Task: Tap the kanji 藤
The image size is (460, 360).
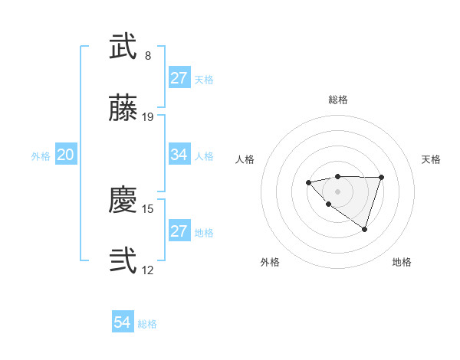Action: (x=123, y=110)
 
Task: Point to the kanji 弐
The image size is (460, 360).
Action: (x=123, y=261)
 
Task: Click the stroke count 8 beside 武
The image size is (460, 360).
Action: (x=148, y=56)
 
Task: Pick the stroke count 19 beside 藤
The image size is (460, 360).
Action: (x=148, y=117)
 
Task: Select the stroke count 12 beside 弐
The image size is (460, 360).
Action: (x=148, y=270)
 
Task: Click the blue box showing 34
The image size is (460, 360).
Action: (x=179, y=155)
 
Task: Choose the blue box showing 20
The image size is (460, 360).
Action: (x=65, y=155)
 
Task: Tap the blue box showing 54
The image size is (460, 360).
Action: (x=123, y=323)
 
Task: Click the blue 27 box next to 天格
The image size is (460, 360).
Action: (x=179, y=78)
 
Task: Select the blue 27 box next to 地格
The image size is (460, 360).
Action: (x=179, y=231)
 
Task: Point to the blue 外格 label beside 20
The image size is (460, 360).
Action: (x=41, y=156)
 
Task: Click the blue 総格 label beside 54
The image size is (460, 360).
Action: (x=147, y=324)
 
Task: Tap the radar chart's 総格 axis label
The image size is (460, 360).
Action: (x=338, y=100)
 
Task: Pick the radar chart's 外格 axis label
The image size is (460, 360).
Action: (x=270, y=262)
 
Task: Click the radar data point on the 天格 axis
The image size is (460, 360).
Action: (x=381, y=178)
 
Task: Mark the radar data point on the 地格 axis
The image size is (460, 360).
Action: (x=365, y=229)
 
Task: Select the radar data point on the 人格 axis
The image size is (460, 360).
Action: (x=308, y=182)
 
